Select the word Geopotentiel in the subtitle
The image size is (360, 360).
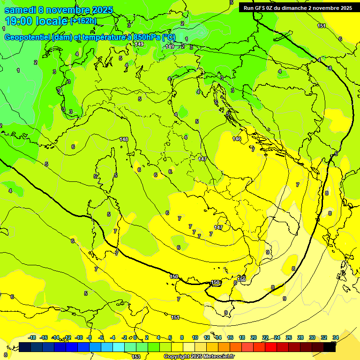click(29, 37)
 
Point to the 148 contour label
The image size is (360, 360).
click(124, 139)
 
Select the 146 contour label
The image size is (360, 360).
click(237, 139)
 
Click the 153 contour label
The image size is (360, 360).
click(136, 357)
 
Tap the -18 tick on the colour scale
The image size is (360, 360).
click(32, 337)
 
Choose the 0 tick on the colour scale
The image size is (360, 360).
click(135, 337)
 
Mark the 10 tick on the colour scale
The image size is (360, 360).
click(195, 337)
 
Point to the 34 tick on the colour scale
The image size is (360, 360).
click(336, 337)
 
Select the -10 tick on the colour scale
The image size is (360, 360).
click(79, 337)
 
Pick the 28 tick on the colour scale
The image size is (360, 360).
click(300, 337)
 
